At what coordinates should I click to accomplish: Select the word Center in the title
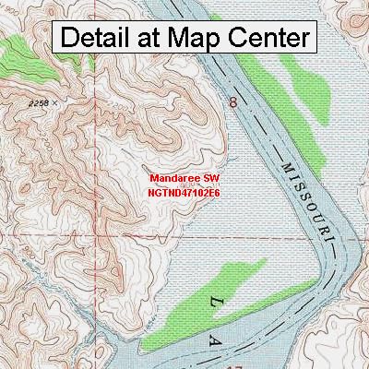[x=268, y=38]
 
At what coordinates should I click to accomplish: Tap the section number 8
[x=232, y=103]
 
